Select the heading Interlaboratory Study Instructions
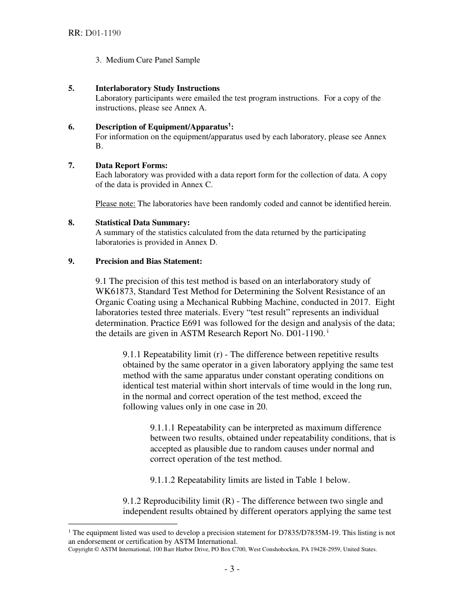(x=157, y=88)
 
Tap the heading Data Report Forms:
(x=131, y=166)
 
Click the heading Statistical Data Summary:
(x=143, y=223)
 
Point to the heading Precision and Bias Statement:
(x=148, y=261)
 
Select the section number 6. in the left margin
(x=71, y=127)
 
